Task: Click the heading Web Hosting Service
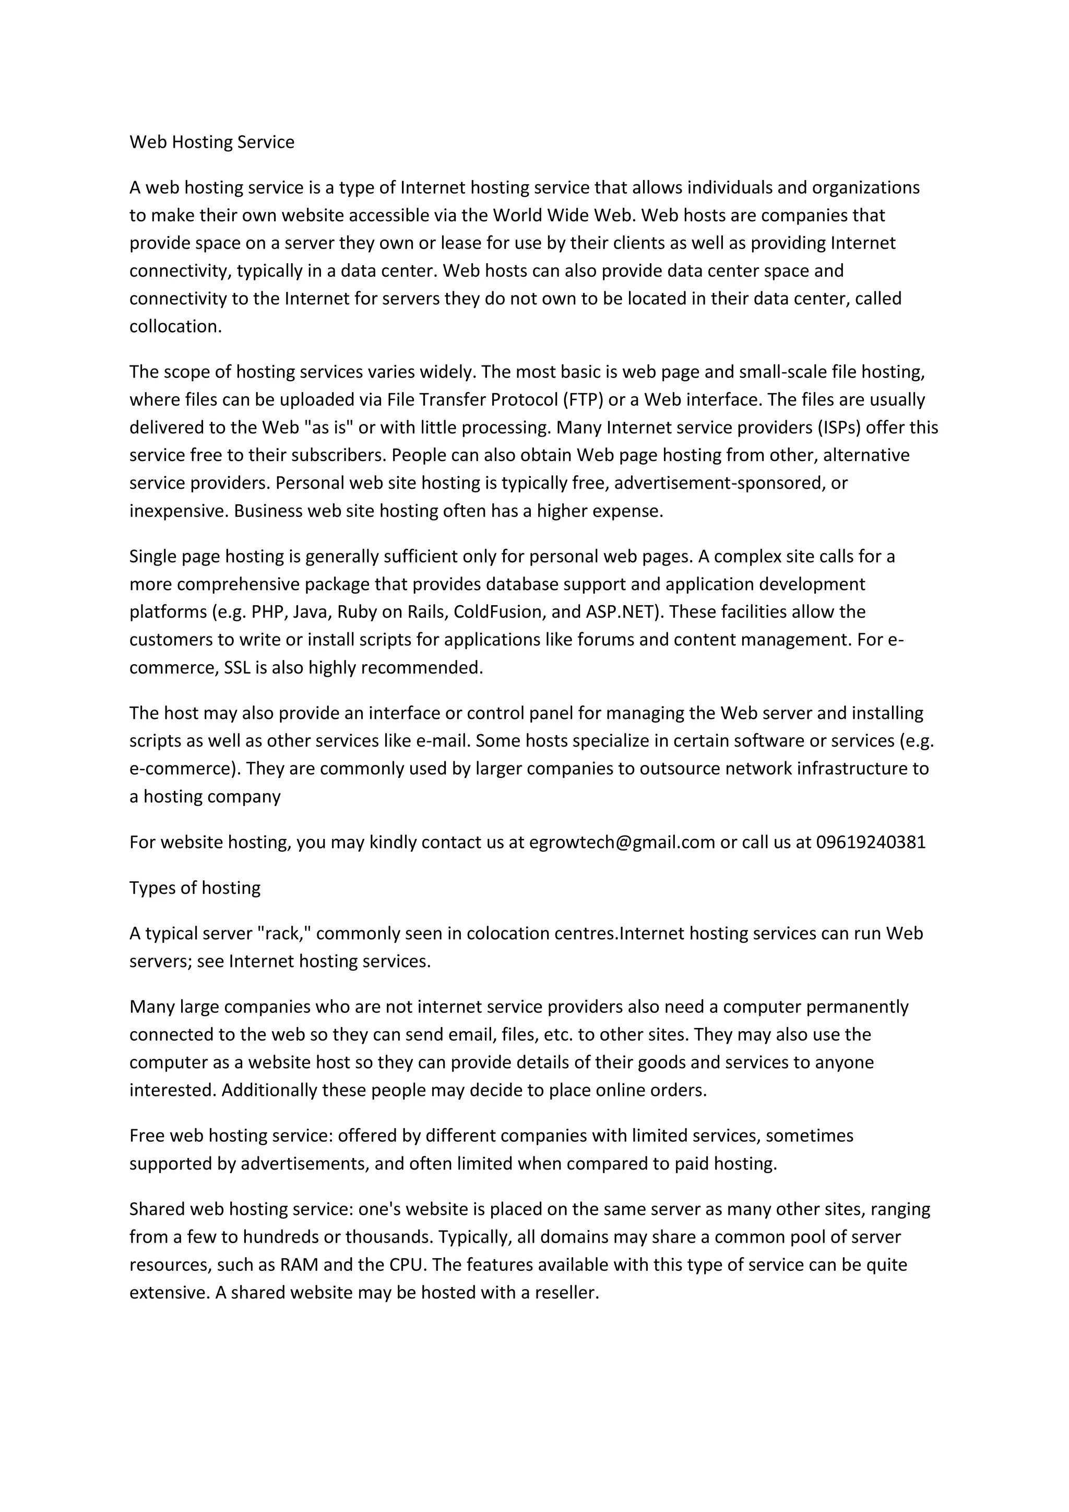[x=211, y=142]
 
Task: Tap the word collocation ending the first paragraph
[x=174, y=327]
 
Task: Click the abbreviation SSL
[x=237, y=668]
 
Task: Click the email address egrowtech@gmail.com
[x=621, y=842]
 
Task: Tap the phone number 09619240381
[x=870, y=842]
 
